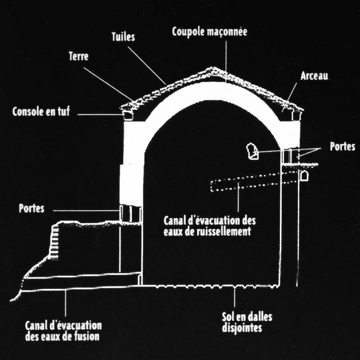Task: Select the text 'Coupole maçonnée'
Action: (210, 32)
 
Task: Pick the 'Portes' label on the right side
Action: (342, 147)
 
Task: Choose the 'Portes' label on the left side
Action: (31, 209)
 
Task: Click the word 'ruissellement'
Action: (225, 232)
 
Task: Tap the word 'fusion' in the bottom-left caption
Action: (86, 336)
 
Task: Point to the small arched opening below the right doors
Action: (304, 175)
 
